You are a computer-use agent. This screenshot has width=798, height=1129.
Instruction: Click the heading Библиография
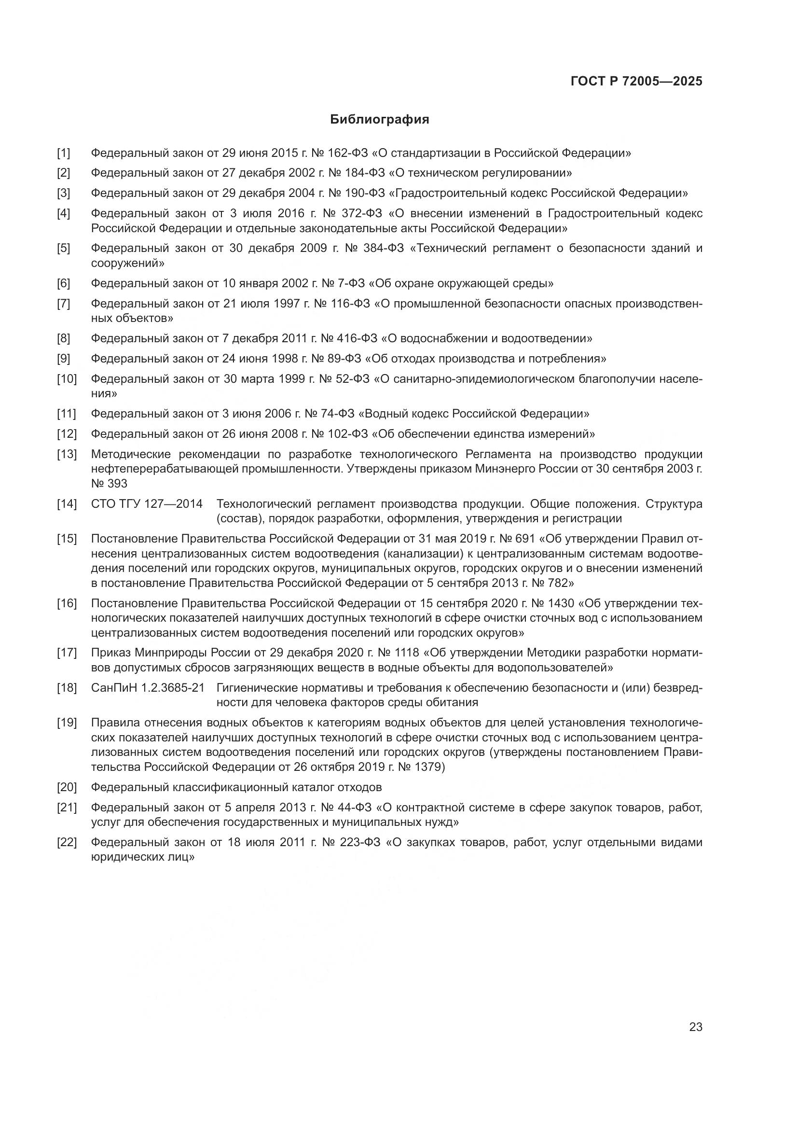[x=379, y=120]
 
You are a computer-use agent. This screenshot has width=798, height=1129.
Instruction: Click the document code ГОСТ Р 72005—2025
[x=636, y=82]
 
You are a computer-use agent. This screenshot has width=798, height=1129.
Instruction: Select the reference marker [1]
[x=63, y=153]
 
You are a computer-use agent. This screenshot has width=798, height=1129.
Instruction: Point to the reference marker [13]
[x=67, y=454]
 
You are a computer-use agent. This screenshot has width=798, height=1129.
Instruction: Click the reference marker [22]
[x=67, y=842]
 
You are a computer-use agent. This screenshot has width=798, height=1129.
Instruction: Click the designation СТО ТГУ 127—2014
[x=147, y=504]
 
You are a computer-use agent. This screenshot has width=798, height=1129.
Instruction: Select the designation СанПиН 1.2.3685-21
[x=148, y=688]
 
